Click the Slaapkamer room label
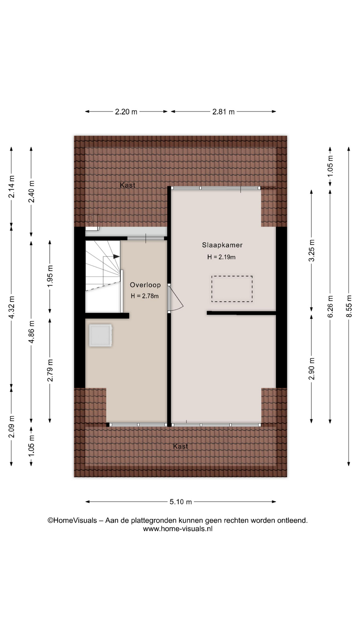222,245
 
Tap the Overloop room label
145,285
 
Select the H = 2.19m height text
221,257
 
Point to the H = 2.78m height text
145,296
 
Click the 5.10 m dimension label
181,502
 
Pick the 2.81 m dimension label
223,112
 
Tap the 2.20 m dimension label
126,112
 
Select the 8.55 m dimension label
349,306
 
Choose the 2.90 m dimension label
312,369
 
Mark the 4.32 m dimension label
11,307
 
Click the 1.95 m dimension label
50,276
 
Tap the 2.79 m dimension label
50,370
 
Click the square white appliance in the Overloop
100,335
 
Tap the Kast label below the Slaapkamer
180,446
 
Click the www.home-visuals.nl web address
178,529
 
